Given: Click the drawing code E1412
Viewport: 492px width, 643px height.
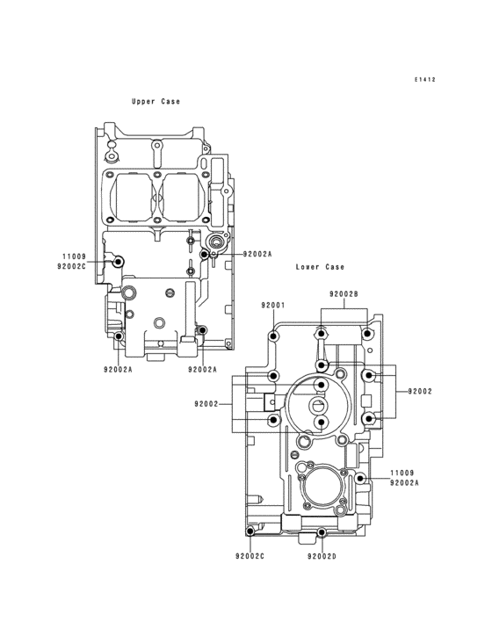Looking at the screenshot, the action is pyautogui.click(x=424, y=80).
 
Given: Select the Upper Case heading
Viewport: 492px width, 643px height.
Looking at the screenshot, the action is pyautogui.click(x=156, y=101).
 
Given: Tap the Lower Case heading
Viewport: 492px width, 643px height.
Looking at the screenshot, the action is pyautogui.click(x=320, y=267).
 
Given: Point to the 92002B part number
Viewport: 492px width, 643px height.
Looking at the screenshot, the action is pyautogui.click(x=344, y=294).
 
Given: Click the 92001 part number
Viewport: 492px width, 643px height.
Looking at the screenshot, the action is pyautogui.click(x=273, y=305).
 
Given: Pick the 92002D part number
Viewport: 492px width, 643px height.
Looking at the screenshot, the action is pyautogui.click(x=322, y=556).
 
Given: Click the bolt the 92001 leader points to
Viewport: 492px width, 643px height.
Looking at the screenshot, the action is pyautogui.click(x=274, y=336).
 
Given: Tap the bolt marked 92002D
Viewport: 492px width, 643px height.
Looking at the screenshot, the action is pyautogui.click(x=322, y=532).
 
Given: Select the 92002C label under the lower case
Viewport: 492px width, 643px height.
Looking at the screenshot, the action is pyautogui.click(x=250, y=556).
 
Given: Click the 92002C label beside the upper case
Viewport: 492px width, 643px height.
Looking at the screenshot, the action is pyautogui.click(x=72, y=266).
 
